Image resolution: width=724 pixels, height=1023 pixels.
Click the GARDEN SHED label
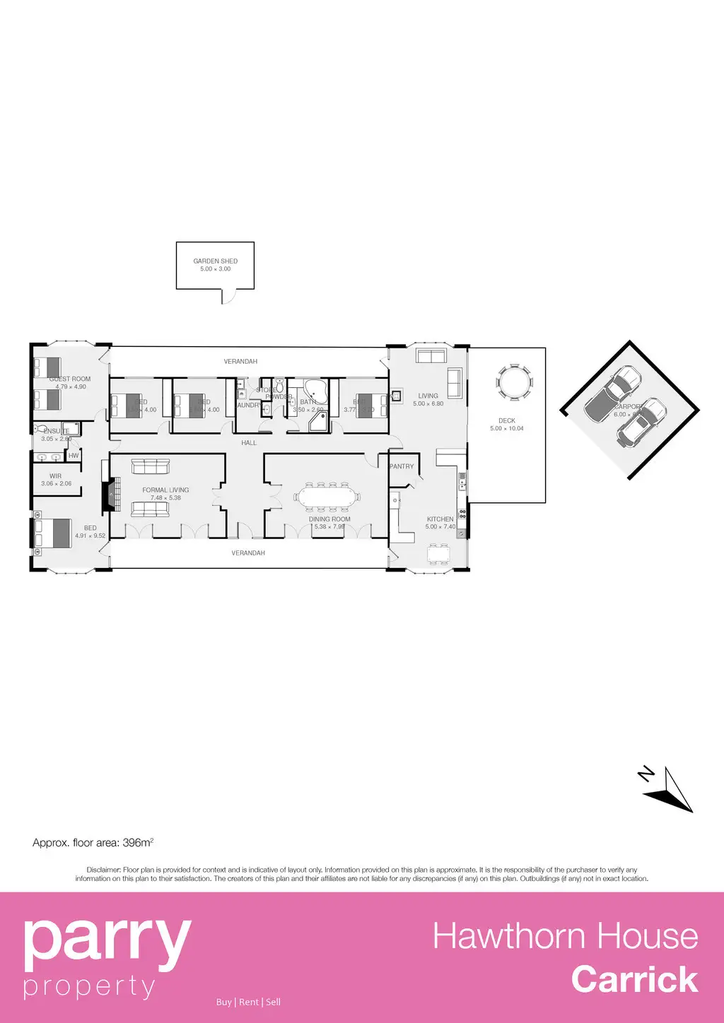pyautogui.click(x=216, y=261)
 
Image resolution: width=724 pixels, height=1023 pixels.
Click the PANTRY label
pyautogui.click(x=402, y=466)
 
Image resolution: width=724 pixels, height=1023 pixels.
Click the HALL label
pyautogui.click(x=249, y=443)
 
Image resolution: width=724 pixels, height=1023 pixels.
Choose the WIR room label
pyautogui.click(x=55, y=476)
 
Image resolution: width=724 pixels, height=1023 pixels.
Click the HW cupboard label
pyautogui.click(x=74, y=456)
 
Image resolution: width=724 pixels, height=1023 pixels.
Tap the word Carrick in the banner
pyautogui.click(x=634, y=980)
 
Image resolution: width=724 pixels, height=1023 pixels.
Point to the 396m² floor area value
pyautogui.click(x=138, y=843)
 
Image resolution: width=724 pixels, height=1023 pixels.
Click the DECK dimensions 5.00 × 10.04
pyautogui.click(x=507, y=429)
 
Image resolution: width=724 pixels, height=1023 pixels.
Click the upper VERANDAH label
pyautogui.click(x=240, y=362)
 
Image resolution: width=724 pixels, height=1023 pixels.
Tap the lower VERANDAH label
pyautogui.click(x=248, y=553)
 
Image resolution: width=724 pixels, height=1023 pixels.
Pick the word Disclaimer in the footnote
pyautogui.click(x=103, y=870)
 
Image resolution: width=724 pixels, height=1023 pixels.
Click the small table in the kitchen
pyautogui.click(x=438, y=555)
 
